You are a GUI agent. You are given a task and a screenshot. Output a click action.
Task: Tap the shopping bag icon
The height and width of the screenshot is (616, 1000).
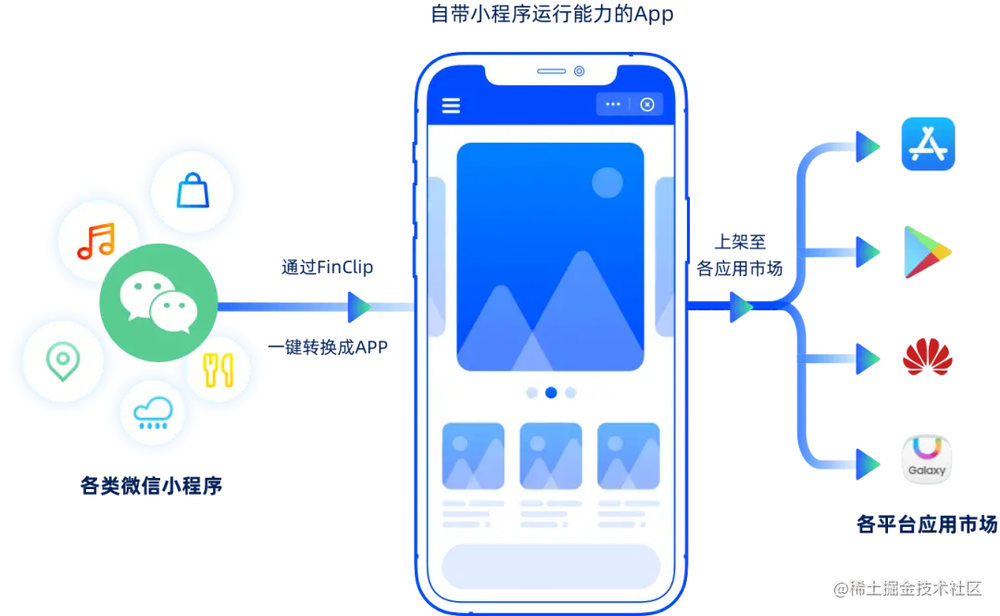pyautogui.click(x=193, y=192)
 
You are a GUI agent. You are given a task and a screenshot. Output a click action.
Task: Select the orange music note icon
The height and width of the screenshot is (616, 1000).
pyautogui.click(x=96, y=241)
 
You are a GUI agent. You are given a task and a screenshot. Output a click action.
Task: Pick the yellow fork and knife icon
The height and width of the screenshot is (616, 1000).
pyautogui.click(x=219, y=371)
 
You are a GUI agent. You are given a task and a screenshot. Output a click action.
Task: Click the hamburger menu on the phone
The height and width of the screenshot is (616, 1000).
pyautogui.click(x=451, y=105)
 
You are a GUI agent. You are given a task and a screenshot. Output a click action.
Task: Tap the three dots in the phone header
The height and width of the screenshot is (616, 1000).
pyautogui.click(x=613, y=105)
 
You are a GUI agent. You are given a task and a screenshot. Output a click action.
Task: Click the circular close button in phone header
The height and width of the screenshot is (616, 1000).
pyautogui.click(x=647, y=105)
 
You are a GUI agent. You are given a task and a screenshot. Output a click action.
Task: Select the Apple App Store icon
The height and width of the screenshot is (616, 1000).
pyautogui.click(x=927, y=145)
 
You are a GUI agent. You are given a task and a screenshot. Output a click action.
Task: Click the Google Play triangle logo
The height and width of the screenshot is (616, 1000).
pyautogui.click(x=927, y=251)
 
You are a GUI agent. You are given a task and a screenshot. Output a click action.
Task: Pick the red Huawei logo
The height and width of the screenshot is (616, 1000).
pyautogui.click(x=927, y=358)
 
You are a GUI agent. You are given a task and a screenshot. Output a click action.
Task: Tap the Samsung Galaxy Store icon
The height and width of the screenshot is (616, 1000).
pyautogui.click(x=927, y=460)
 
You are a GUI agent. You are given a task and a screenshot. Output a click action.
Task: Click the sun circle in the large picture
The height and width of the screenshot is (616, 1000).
pyautogui.click(x=607, y=182)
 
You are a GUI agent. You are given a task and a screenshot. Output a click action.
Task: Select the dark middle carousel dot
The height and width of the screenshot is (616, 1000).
pyautogui.click(x=551, y=393)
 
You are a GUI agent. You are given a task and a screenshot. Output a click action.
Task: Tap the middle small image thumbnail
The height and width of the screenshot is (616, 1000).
pyautogui.click(x=551, y=456)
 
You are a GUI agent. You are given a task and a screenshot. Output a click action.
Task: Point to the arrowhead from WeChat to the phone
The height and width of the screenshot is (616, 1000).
pyautogui.click(x=359, y=307)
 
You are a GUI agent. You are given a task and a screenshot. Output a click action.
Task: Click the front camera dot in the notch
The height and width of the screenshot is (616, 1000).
pyautogui.click(x=580, y=71)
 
